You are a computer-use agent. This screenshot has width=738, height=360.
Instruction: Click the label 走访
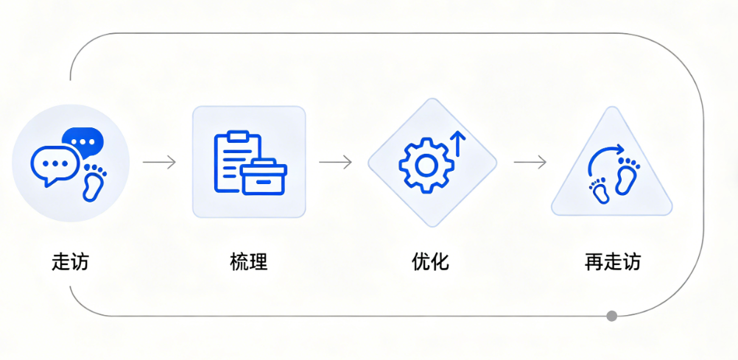pos(70,261)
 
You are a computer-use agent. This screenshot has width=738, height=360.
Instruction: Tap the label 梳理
pos(248,261)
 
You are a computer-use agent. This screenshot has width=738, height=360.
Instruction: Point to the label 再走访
pos(612,261)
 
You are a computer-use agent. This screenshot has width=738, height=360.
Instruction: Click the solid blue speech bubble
pos(82,140)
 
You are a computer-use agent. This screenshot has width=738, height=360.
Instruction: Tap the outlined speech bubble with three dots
pos(55,164)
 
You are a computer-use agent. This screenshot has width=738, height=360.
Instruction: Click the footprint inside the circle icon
pos(94,182)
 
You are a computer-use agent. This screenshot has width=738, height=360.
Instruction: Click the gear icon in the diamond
pos(424,165)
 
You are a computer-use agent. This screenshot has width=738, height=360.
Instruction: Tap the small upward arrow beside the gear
pos(457,143)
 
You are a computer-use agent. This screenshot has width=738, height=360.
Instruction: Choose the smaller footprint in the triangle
pos(600,191)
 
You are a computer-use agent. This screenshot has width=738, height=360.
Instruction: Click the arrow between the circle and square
pos(159,162)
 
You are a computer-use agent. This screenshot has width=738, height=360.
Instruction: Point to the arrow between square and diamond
pos(335,162)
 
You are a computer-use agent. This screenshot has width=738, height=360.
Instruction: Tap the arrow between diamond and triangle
pos(530,162)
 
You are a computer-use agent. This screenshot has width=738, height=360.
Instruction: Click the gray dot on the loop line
pos(611,316)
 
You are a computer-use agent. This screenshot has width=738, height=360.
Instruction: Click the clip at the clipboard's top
pos(238,135)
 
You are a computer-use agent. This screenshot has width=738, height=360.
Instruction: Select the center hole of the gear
pos(424,165)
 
